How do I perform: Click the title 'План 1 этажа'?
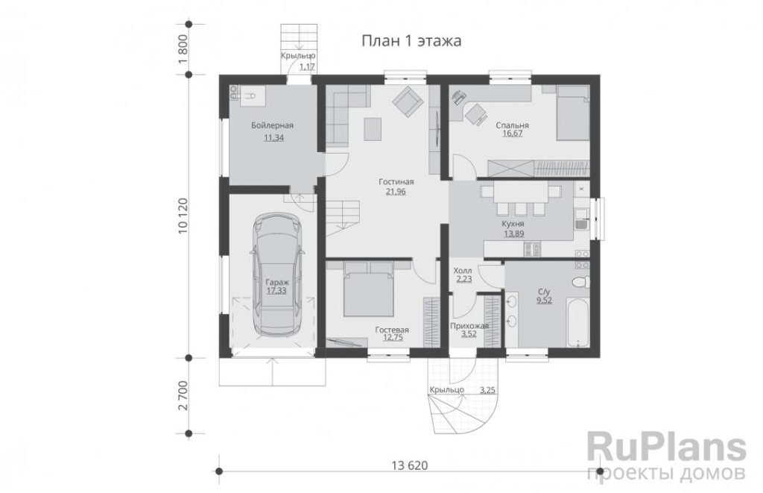(411, 41)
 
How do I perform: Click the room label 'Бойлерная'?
(273, 125)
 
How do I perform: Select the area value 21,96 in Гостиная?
(396, 192)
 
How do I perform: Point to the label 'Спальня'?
(512, 125)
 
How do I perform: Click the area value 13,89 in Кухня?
(513, 233)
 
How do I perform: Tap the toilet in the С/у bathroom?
(580, 282)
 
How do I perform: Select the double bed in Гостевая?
(368, 289)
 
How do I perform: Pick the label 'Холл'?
(462, 271)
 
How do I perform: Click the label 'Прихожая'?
(469, 326)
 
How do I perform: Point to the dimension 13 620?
(410, 465)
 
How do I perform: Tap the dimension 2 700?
(183, 395)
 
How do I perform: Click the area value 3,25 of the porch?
(487, 390)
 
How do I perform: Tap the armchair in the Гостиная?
(408, 101)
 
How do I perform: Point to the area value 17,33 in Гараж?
(276, 291)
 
